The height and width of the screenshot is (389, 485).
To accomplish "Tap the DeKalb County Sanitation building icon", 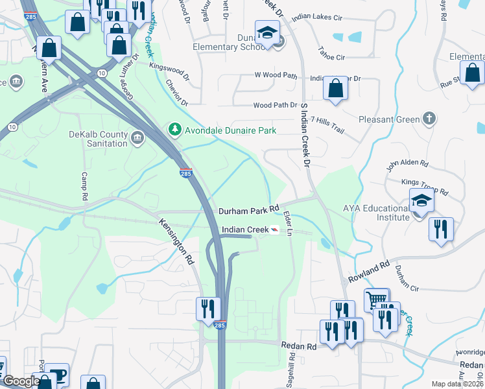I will (x=137, y=138).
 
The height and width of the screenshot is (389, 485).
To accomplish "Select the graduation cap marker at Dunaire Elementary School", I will (x=266, y=34).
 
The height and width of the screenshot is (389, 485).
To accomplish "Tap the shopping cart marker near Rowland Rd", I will (x=376, y=300).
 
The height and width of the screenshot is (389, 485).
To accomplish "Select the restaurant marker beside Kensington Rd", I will (x=208, y=309).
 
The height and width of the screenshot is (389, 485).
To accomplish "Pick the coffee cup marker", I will (x=57, y=375).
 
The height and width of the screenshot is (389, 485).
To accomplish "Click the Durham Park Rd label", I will (x=248, y=211).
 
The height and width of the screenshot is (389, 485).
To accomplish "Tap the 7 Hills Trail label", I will (x=327, y=120).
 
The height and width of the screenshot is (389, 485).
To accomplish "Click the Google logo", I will (x=21, y=382).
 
